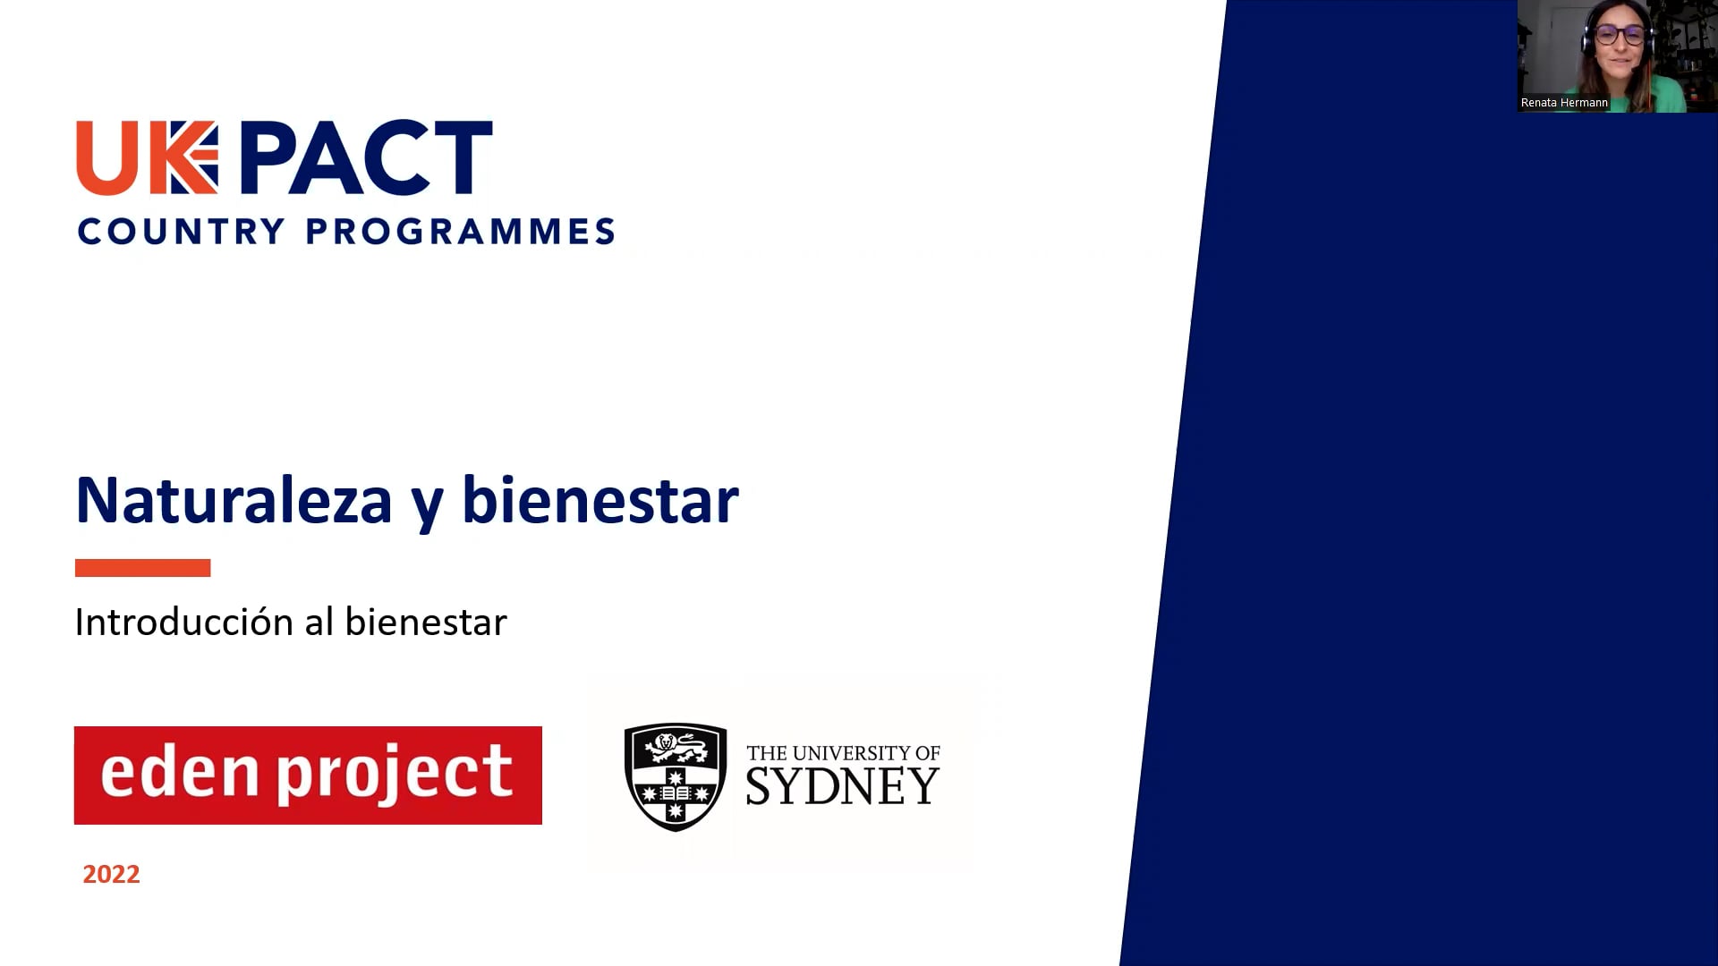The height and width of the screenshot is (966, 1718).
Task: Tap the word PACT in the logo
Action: pyautogui.click(x=366, y=157)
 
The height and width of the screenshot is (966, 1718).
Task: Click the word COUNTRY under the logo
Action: pyautogui.click(x=182, y=232)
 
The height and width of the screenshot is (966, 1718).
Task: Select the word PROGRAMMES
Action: pyautogui.click(x=460, y=232)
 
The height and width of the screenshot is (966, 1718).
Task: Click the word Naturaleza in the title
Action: pyautogui.click(x=234, y=500)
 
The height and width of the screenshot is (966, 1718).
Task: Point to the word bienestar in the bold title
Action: pyautogui.click(x=600, y=500)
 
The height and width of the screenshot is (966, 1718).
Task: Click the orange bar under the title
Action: pyautogui.click(x=142, y=568)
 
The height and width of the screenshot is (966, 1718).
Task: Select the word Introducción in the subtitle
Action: pyautogui.click(x=184, y=622)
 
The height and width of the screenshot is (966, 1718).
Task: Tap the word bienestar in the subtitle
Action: pyautogui.click(x=426, y=622)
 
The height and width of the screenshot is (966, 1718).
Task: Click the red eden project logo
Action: pyautogui.click(x=308, y=775)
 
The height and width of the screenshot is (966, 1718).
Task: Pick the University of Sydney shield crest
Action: pyautogui.click(x=676, y=777)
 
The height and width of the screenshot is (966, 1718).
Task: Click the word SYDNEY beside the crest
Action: pyautogui.click(x=842, y=786)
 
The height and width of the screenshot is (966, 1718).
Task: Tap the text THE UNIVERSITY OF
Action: pyautogui.click(x=843, y=753)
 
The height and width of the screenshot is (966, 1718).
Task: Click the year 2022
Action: pyautogui.click(x=111, y=874)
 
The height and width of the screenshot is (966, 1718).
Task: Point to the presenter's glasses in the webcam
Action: pyautogui.click(x=1619, y=35)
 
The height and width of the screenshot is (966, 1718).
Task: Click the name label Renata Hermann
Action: pyautogui.click(x=1564, y=103)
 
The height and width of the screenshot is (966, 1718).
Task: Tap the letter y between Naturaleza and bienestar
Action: pyautogui.click(x=428, y=508)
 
